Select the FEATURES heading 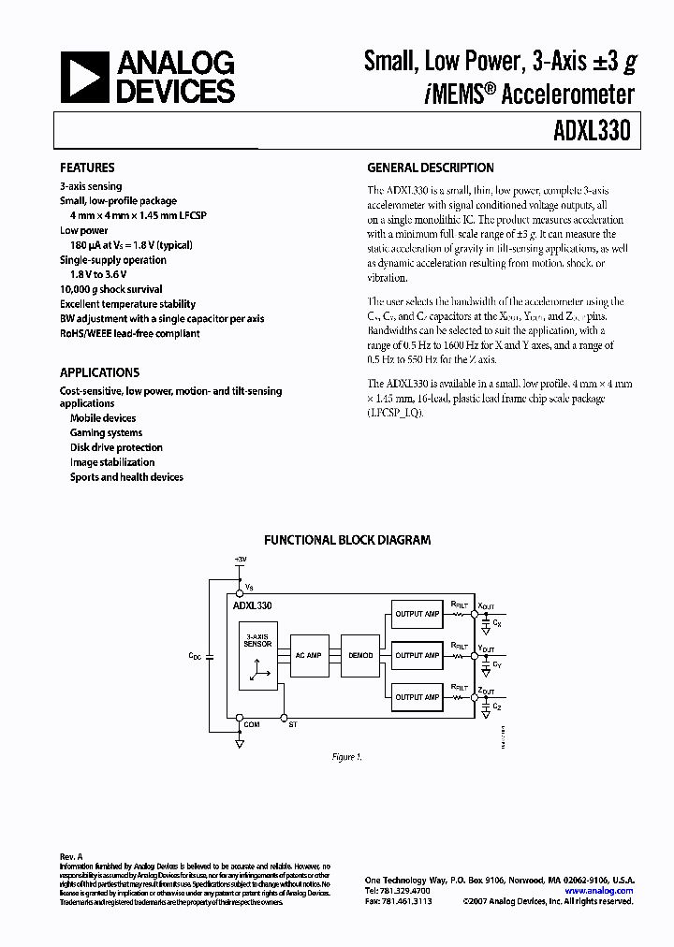point(87,168)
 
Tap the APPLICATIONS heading point(99,372)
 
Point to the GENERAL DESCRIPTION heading point(431,168)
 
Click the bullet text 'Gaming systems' point(106,433)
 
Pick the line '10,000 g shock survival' point(111,289)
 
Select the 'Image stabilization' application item point(112,462)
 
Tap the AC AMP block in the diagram point(308,656)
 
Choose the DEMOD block point(360,656)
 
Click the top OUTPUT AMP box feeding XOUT point(417,614)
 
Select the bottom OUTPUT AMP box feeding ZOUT point(417,697)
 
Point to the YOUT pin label point(486,648)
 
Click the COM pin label point(252,724)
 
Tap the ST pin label point(294,724)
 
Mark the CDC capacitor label point(195,656)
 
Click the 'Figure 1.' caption point(346,756)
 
